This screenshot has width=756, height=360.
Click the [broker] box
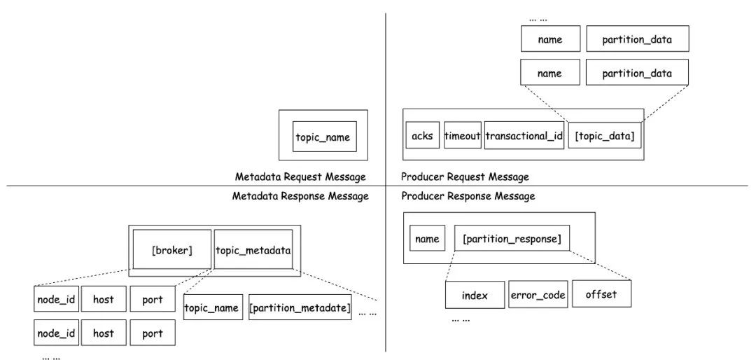[x=172, y=249]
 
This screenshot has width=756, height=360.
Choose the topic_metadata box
[x=253, y=249]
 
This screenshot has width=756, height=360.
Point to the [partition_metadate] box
[x=300, y=307]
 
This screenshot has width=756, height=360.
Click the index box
[x=475, y=295]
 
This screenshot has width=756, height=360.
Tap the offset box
[x=601, y=293]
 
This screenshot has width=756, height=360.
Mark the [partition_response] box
[x=512, y=238]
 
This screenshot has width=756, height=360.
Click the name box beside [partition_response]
[x=427, y=238]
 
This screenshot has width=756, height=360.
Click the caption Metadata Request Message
[x=300, y=176]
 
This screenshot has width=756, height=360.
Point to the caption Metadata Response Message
[x=300, y=196]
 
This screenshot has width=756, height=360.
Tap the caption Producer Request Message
[x=465, y=176]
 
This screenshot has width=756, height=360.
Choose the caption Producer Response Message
[x=468, y=196]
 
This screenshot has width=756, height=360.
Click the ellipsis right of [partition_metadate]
[x=367, y=313]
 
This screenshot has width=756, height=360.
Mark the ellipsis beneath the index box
[x=461, y=319]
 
